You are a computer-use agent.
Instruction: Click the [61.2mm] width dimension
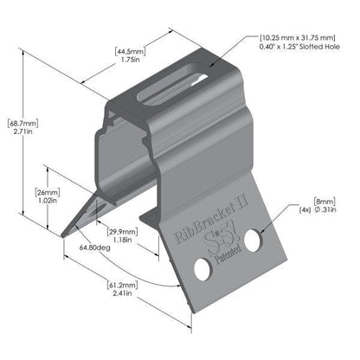point(98,283)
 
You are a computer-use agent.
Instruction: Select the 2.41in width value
point(98,293)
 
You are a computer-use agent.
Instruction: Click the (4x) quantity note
point(305,209)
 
